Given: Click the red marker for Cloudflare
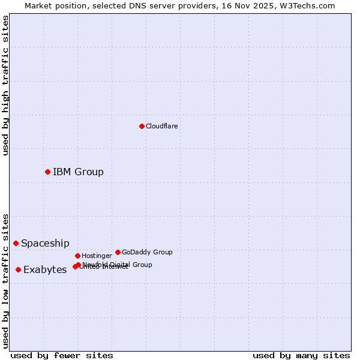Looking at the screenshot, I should click(x=142, y=126).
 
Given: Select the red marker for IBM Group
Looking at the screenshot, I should click(x=47, y=172).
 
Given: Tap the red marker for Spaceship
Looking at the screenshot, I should click(x=16, y=243).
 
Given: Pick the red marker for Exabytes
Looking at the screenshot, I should click(x=18, y=270).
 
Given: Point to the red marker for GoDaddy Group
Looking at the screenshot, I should click(x=118, y=252).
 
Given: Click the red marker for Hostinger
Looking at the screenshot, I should click(x=77, y=256).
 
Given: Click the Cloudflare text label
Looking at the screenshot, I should click(x=162, y=126).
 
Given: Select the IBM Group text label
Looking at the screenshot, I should click(x=78, y=172).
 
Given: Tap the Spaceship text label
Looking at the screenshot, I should click(x=45, y=243).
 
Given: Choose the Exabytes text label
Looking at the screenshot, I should click(x=45, y=270).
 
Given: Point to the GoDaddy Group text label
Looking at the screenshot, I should click(x=147, y=252).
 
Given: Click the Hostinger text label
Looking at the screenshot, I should click(x=97, y=256).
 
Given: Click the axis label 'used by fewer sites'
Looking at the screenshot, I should click(x=62, y=355).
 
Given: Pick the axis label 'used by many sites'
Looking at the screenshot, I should click(x=301, y=355).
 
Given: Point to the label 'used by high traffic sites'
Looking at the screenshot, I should click(x=5, y=85).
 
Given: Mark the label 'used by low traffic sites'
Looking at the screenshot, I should click(x=5, y=281).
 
